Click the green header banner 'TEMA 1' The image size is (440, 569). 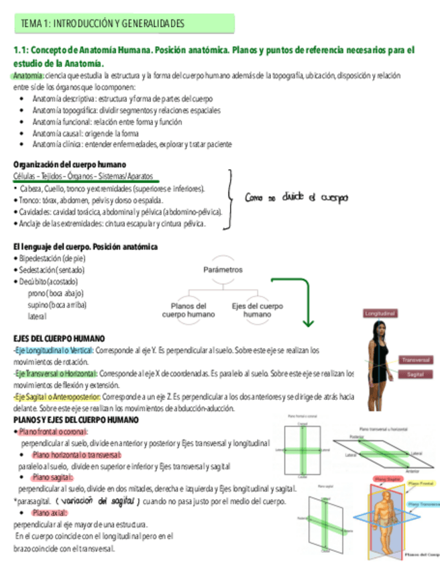click(x=124, y=23)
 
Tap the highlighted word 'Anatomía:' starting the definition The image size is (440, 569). click(x=29, y=75)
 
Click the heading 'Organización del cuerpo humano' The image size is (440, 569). click(x=70, y=165)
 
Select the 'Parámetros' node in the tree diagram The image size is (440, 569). click(x=221, y=268)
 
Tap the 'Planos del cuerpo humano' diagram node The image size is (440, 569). click(x=188, y=309)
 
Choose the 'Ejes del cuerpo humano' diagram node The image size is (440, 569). click(x=258, y=309)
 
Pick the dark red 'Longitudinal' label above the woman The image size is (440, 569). click(x=380, y=313)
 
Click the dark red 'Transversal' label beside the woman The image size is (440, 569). click(x=415, y=360)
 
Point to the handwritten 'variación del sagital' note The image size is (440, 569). click(x=98, y=501)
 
